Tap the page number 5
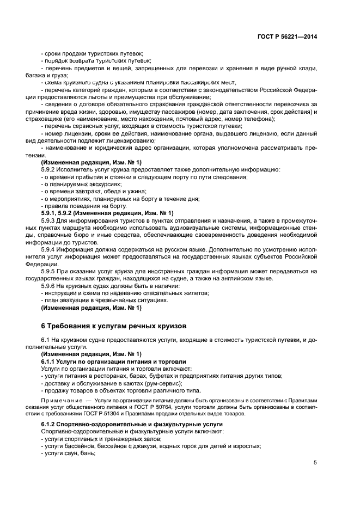pyautogui.click(x=315, y=462)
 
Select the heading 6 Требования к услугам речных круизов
pyautogui.click(x=114, y=326)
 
